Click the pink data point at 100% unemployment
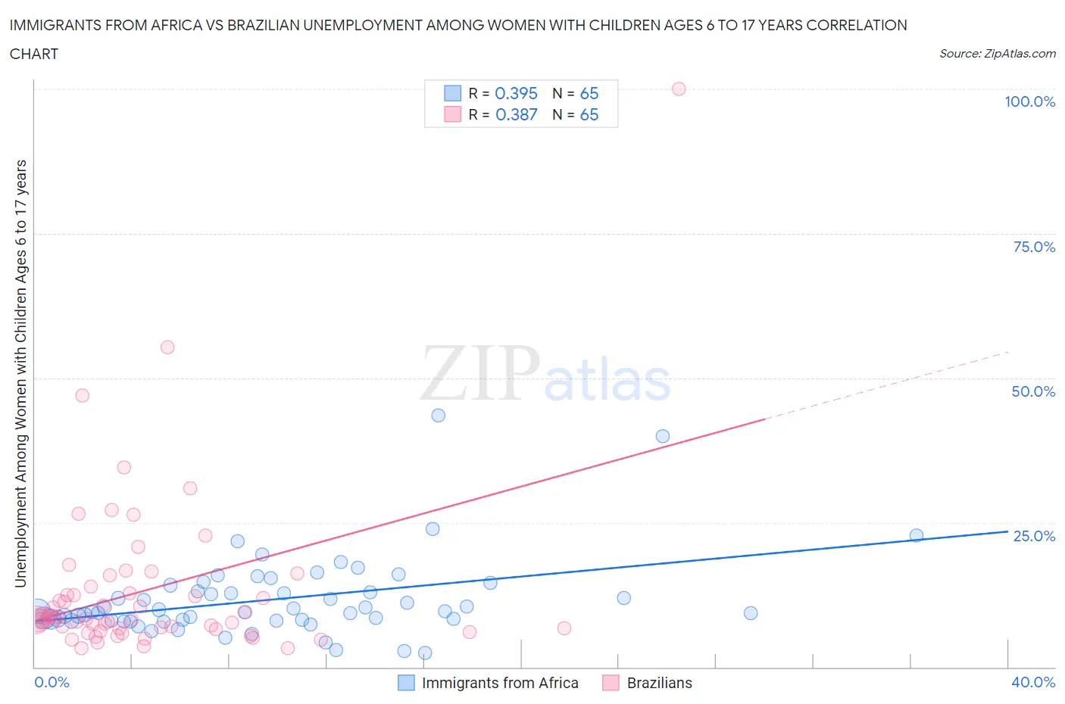click(x=679, y=89)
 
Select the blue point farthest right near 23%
click(x=917, y=535)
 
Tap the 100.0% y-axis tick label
click(x=1029, y=101)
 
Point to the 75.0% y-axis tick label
click(x=1034, y=247)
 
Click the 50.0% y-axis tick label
click(x=1033, y=391)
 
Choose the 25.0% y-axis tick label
click(x=1034, y=536)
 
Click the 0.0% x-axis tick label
click(x=52, y=682)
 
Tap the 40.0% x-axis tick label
click(x=1033, y=682)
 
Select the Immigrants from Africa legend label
click(x=500, y=683)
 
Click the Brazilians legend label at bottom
click(x=659, y=683)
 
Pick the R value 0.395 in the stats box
click(x=516, y=93)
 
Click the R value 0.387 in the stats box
click(x=516, y=114)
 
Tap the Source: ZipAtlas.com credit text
click(x=997, y=54)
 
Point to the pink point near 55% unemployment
click(x=167, y=347)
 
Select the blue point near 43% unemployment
click(x=438, y=416)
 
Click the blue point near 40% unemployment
click(x=663, y=436)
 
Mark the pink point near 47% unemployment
click(x=83, y=395)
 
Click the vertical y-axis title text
click(x=21, y=373)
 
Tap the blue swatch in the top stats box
click(x=452, y=93)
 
